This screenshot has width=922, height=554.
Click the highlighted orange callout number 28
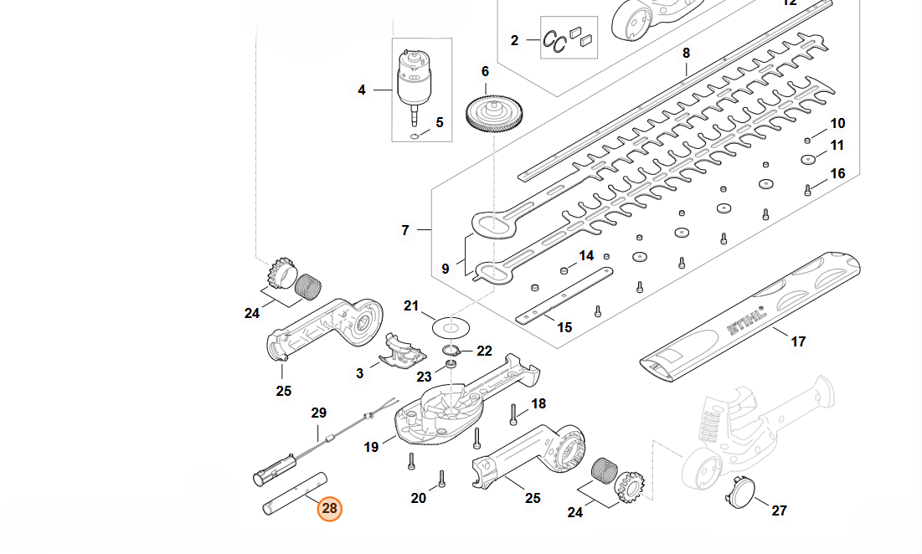329,508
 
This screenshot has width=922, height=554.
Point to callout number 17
798,341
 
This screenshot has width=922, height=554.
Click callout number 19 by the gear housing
371,448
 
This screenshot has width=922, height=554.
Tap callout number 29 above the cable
318,413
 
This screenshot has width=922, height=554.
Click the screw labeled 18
513,413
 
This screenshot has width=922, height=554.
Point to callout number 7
405,229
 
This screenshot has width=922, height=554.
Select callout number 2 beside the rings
514,39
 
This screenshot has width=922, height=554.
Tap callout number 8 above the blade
686,53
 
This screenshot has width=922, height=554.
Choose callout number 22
484,351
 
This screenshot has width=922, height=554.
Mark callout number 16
837,174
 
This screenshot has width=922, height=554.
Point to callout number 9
446,269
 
